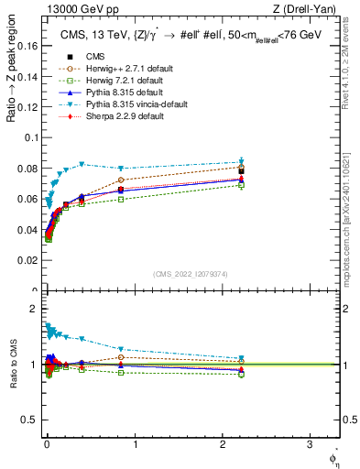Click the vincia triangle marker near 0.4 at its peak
82,165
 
